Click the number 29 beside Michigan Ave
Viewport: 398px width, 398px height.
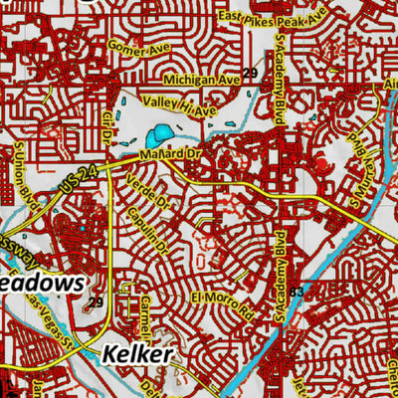pos(250,75)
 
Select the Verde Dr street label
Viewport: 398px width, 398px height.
pos(144,188)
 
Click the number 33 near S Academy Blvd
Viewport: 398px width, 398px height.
pos(297,291)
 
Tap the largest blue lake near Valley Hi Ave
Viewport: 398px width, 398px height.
pos(158,133)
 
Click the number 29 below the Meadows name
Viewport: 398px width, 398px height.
pos(96,301)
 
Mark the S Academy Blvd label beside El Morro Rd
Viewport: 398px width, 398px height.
pos(282,267)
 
